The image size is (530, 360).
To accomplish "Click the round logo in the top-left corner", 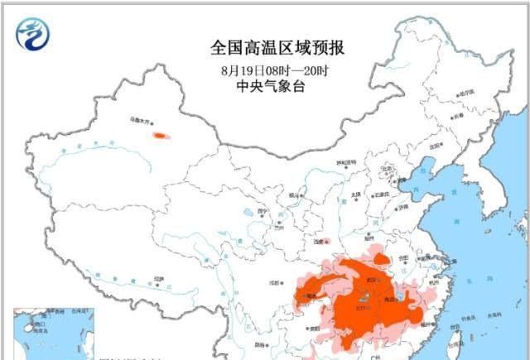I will point(33,34).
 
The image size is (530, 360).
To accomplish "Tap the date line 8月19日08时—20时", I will point(272,70).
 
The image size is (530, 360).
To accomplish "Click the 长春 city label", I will point(457,117).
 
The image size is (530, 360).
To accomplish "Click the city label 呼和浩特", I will point(344,162).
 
